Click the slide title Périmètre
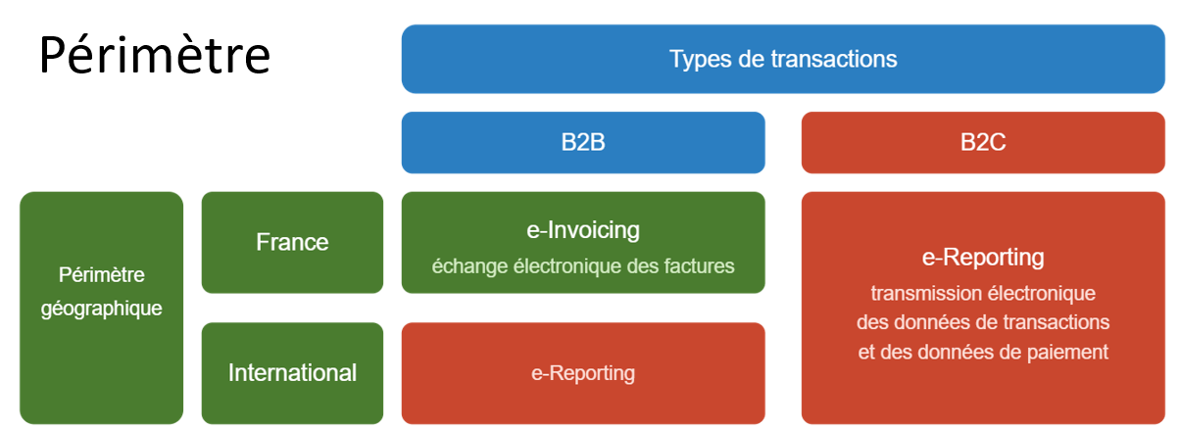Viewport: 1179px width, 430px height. [x=155, y=55]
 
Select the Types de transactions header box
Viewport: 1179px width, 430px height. [x=783, y=59]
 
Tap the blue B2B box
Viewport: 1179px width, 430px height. [x=583, y=142]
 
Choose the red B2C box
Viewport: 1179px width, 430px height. [x=983, y=142]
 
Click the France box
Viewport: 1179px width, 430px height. [x=292, y=242]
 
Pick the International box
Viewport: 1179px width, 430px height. [x=292, y=373]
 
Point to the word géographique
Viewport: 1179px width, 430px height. [x=102, y=309]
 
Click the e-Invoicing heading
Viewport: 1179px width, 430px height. [x=583, y=230]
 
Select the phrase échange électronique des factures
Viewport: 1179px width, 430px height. [x=583, y=266]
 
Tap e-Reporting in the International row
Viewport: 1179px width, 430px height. [x=583, y=373]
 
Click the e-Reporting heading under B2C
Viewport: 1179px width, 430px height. [x=983, y=258]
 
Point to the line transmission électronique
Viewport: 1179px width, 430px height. [x=983, y=293]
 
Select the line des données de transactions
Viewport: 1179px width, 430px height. [x=983, y=322]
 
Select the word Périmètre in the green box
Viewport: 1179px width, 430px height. [x=102, y=274]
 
